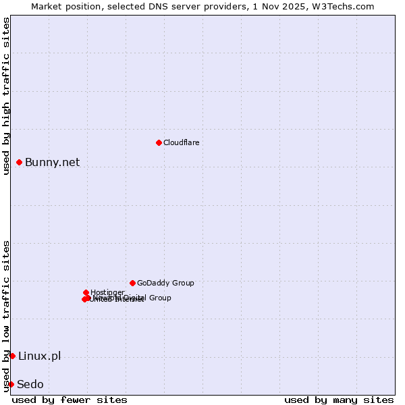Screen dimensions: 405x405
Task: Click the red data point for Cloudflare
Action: tap(159, 142)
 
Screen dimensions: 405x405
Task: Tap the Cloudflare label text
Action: tap(181, 142)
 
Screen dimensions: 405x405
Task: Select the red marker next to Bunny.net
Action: tap(20, 162)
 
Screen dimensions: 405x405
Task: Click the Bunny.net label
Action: tap(52, 162)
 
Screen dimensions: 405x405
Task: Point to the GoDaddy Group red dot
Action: tap(132, 283)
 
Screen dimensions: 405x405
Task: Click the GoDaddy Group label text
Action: tap(165, 283)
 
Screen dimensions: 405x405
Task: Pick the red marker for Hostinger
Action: tap(86, 292)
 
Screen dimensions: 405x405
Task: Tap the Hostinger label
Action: tap(107, 292)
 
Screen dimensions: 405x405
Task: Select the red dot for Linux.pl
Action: tap(12, 356)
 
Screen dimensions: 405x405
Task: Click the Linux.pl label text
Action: tap(39, 356)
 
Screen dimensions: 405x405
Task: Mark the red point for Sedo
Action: tap(11, 384)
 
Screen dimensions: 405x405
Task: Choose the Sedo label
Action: tap(30, 384)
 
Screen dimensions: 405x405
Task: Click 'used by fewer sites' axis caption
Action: tap(70, 400)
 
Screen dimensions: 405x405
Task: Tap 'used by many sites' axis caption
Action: tap(339, 400)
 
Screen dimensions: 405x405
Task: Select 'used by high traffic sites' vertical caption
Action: tap(6, 96)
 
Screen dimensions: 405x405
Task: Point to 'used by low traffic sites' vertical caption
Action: tap(6, 315)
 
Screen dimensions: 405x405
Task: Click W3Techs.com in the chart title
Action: tap(347, 6)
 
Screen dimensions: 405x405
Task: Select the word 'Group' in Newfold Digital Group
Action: tap(159, 298)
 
